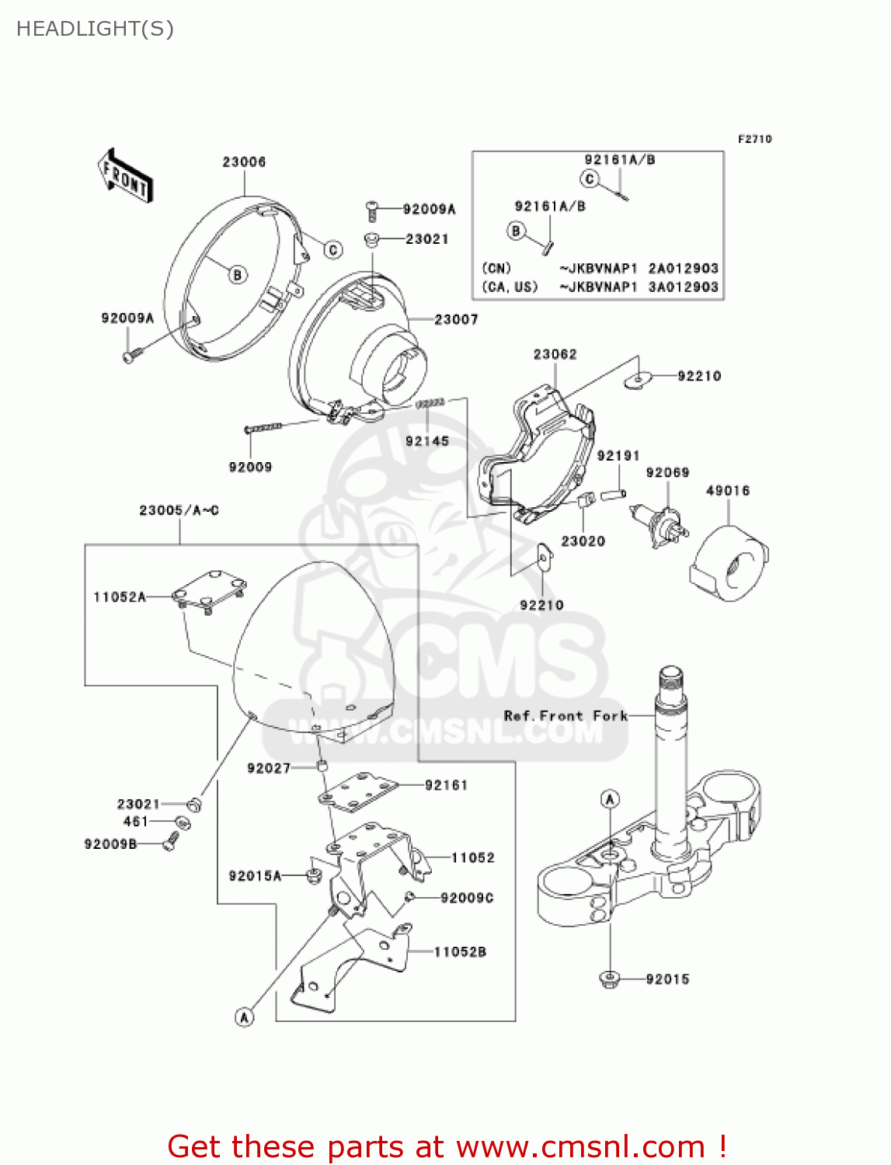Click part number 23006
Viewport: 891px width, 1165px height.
(244, 162)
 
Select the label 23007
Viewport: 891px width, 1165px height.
(456, 319)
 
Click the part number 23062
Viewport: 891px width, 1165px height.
(555, 354)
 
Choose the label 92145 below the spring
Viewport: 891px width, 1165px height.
(427, 441)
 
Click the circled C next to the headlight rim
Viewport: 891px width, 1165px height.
(333, 249)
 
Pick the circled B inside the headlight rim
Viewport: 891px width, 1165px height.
(238, 274)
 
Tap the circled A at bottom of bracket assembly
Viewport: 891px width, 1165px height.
(245, 1017)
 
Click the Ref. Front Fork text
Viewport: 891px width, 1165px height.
(566, 716)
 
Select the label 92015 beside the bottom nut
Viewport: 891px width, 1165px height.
(667, 979)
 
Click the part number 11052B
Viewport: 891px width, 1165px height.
(460, 952)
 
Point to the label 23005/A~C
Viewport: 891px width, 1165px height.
(179, 510)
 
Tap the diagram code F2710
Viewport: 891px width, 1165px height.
(754, 139)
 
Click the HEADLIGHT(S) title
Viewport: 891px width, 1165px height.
(95, 29)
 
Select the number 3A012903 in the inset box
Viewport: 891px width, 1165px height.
(683, 287)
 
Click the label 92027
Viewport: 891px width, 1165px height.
(269, 768)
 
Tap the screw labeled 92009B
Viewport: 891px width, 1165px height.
(172, 841)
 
